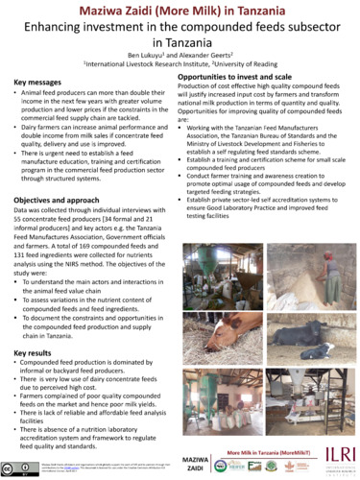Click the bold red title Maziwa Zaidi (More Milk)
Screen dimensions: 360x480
coord(180,9)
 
